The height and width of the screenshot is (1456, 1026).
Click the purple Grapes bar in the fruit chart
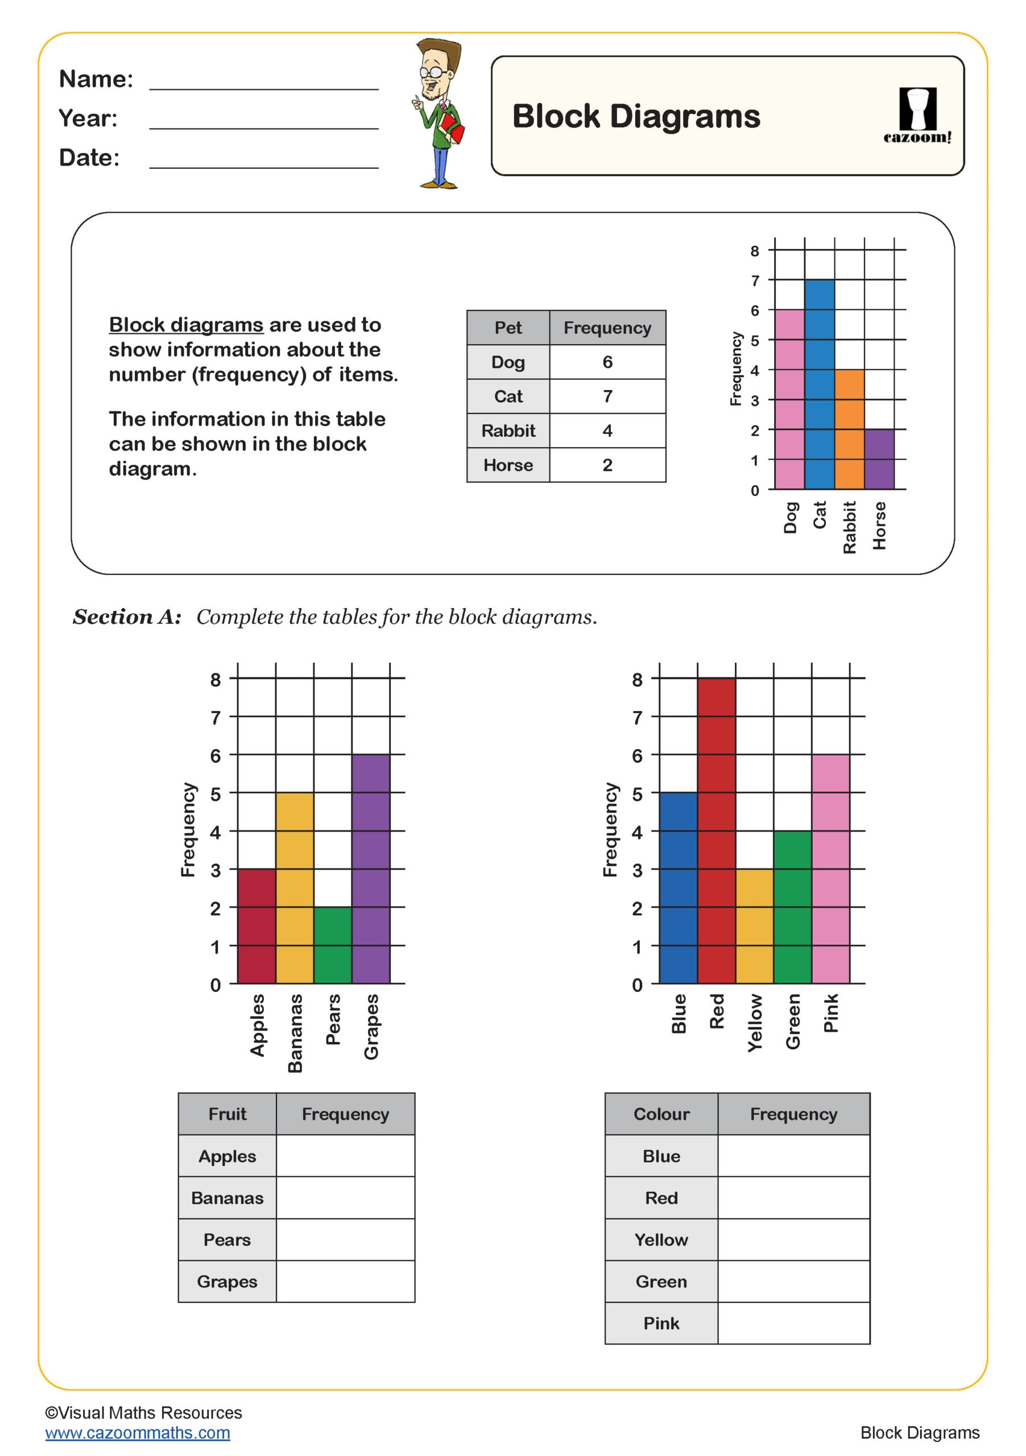(x=370, y=869)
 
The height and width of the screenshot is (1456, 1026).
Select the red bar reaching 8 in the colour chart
(x=716, y=831)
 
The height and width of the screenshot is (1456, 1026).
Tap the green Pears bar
(x=332, y=945)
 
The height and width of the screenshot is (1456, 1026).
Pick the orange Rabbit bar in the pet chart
(x=849, y=429)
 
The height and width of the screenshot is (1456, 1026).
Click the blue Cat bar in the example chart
(x=820, y=384)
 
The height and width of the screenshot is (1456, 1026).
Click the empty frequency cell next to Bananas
(x=345, y=1198)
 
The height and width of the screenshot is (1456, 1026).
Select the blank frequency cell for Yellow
(x=793, y=1240)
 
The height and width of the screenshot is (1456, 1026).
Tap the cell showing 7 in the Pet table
(x=607, y=396)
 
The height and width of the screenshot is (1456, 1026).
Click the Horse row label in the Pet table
(x=508, y=465)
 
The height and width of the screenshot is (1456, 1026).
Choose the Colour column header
(x=661, y=1114)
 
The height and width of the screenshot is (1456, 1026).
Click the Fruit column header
(x=227, y=1114)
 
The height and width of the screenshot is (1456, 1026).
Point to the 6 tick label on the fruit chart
(x=216, y=755)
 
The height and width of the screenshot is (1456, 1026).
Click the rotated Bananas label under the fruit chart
(x=295, y=1033)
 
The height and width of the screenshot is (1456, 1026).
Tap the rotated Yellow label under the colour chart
(x=755, y=1023)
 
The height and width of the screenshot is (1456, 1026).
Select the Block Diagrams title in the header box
(x=635, y=116)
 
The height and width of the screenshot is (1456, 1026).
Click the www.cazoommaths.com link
(x=138, y=1433)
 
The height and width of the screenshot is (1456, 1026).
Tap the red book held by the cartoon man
(x=453, y=127)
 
